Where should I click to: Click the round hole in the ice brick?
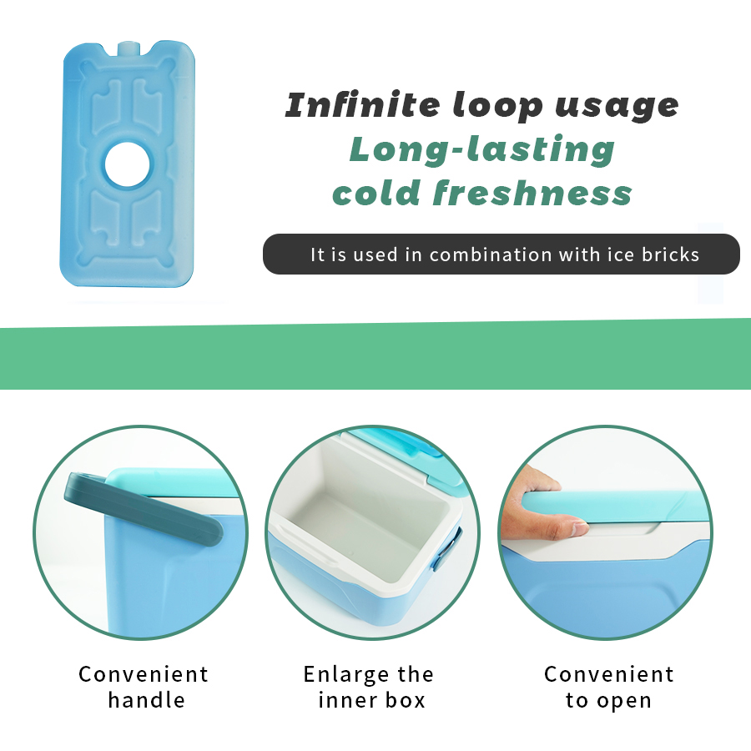tap(128, 164)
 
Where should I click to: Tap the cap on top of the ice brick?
tap(129, 48)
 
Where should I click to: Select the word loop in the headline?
tap(498, 106)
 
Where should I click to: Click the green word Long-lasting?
tap(481, 150)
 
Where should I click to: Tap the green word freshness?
tap(532, 193)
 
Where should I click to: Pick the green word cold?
tap(377, 193)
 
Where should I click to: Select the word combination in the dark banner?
tap(491, 255)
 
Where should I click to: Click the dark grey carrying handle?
tap(144, 509)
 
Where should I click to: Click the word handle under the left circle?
tap(147, 700)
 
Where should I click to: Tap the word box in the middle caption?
tap(406, 700)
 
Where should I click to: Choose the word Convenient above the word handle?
tap(144, 674)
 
